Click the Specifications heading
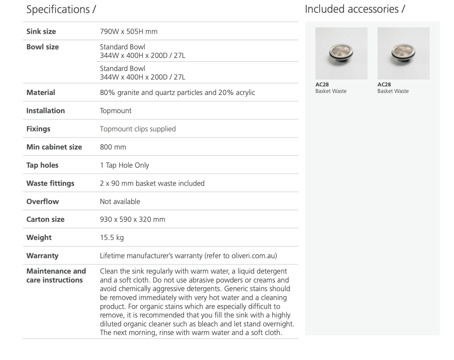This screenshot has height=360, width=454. (61, 9)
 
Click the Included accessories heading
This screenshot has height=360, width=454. (355, 9)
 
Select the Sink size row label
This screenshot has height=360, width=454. (41, 31)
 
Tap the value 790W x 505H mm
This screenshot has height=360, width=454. (129, 31)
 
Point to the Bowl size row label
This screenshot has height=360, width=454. (42, 47)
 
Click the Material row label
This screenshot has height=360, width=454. (40, 92)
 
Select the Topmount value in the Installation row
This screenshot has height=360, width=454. (116, 111)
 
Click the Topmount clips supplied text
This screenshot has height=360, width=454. (138, 129)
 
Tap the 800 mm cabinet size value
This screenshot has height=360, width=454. (113, 147)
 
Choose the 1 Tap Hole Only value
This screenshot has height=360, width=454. (124, 165)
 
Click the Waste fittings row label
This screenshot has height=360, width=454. (50, 184)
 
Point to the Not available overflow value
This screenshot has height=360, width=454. (120, 201)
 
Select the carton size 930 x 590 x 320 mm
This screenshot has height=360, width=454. (132, 219)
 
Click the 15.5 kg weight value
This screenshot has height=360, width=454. (111, 238)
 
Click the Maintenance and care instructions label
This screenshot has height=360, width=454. (56, 275)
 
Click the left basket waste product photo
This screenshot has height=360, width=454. (341, 53)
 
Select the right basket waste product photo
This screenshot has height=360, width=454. (403, 53)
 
